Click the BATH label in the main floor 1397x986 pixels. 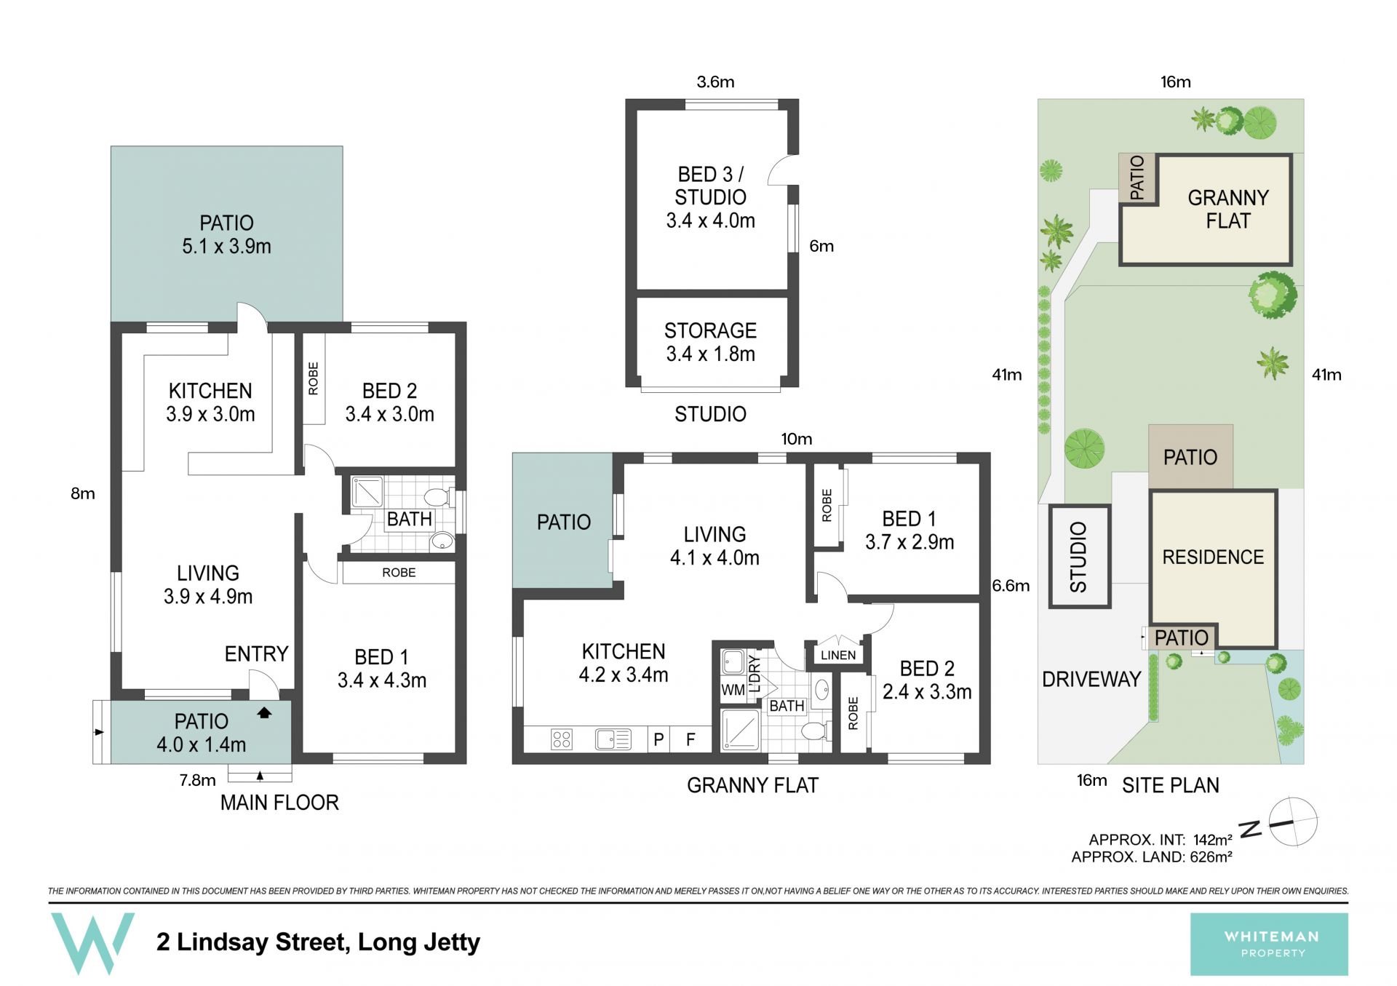[410, 519]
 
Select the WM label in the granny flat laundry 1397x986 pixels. [733, 690]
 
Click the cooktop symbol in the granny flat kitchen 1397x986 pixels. [562, 740]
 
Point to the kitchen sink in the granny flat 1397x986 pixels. [613, 740]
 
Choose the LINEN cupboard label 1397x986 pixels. [838, 655]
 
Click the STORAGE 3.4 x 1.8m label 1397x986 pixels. [710, 342]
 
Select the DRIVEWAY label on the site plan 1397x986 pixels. [1091, 679]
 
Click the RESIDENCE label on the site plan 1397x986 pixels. [1213, 557]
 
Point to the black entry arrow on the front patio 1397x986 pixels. [264, 713]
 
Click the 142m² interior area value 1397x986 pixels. [1212, 840]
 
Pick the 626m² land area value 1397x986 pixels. [1211, 857]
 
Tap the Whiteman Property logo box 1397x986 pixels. [1269, 944]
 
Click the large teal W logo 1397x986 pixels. [92, 943]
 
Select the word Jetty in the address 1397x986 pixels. [452, 942]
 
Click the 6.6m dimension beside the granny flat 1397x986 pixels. [1011, 586]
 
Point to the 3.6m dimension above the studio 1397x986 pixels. [715, 81]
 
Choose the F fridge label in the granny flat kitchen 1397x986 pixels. [690, 740]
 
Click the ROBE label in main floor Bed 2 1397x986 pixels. [314, 378]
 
